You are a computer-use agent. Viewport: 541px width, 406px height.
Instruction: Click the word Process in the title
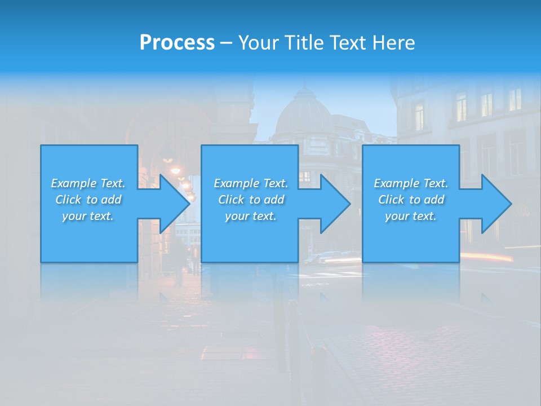pos(177,43)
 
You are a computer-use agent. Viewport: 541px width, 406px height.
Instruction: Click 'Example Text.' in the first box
pos(88,183)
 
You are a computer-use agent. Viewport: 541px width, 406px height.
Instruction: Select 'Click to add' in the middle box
pos(251,200)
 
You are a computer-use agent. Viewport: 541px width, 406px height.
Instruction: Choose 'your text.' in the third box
pos(410,216)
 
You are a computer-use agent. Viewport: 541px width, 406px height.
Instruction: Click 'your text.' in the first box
pos(88,216)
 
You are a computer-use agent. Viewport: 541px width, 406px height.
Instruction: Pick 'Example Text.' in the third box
pos(410,183)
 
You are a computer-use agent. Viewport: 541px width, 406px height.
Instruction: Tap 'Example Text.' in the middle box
pos(251,183)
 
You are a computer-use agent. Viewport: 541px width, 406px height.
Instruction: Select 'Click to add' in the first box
pos(88,200)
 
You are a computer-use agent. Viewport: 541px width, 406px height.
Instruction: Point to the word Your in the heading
pos(259,43)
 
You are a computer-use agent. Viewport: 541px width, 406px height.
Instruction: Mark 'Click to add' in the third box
pos(410,200)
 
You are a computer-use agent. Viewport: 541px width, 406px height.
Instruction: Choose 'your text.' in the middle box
pos(251,216)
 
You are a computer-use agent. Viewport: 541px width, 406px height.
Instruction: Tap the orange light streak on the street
pos(487,258)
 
